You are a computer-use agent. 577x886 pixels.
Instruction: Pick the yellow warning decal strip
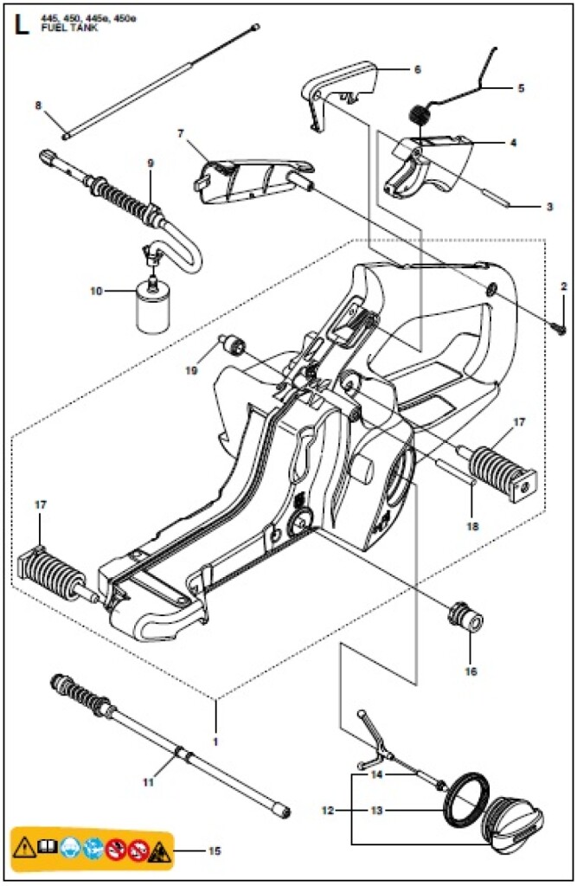coord(91,851)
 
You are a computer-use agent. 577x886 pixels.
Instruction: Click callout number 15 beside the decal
coord(214,851)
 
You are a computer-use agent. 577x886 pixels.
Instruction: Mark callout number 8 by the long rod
coord(38,106)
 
